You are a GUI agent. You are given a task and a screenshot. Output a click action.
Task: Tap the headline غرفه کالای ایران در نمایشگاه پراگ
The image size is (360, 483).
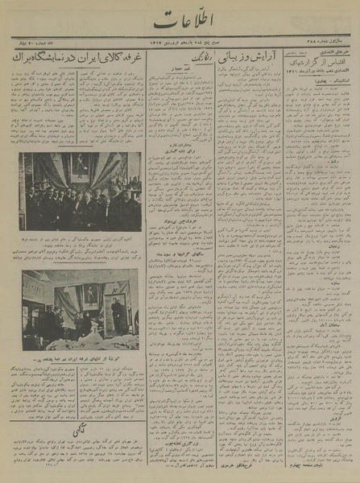77,59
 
